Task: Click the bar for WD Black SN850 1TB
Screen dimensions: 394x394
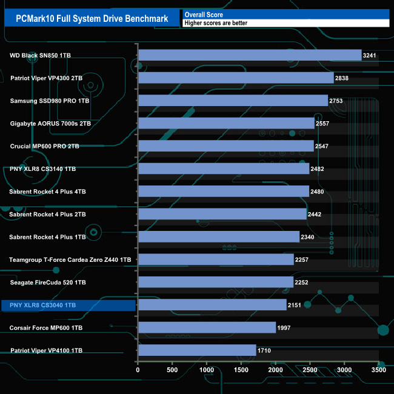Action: tap(250, 55)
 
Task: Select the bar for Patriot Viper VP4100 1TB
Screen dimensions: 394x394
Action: tap(197, 350)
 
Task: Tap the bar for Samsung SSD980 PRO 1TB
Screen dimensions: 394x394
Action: tap(233, 101)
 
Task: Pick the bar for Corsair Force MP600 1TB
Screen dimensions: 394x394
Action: tap(207, 328)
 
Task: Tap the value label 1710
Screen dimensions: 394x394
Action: tap(264, 351)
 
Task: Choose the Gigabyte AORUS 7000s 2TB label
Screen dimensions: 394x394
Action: tap(50, 124)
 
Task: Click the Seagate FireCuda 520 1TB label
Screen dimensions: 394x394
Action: tap(48, 282)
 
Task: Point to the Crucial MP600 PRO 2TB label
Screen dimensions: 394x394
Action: tap(45, 146)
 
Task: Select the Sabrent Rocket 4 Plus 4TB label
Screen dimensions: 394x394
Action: tap(48, 192)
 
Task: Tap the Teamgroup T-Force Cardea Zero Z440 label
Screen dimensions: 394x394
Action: tap(70, 259)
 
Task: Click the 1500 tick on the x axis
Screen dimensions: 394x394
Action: tap(241, 370)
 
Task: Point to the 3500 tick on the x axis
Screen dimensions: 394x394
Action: tap(379, 370)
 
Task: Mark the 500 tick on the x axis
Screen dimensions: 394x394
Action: tap(172, 370)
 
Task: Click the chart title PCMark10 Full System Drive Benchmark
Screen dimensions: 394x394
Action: tap(93, 18)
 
